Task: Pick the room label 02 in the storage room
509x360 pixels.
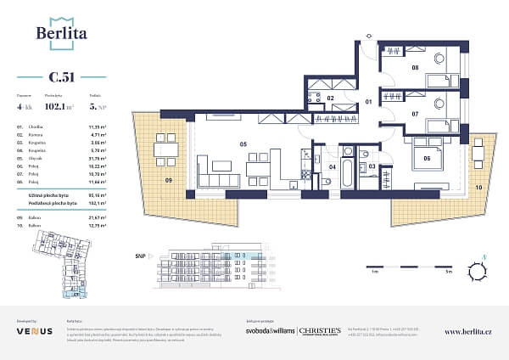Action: (x=332, y=98)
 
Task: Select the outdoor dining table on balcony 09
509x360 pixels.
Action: (x=166, y=151)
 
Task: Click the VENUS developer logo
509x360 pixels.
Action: (x=34, y=331)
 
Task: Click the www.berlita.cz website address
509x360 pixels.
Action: (x=467, y=331)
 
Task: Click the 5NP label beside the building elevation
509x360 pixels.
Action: (x=140, y=255)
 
